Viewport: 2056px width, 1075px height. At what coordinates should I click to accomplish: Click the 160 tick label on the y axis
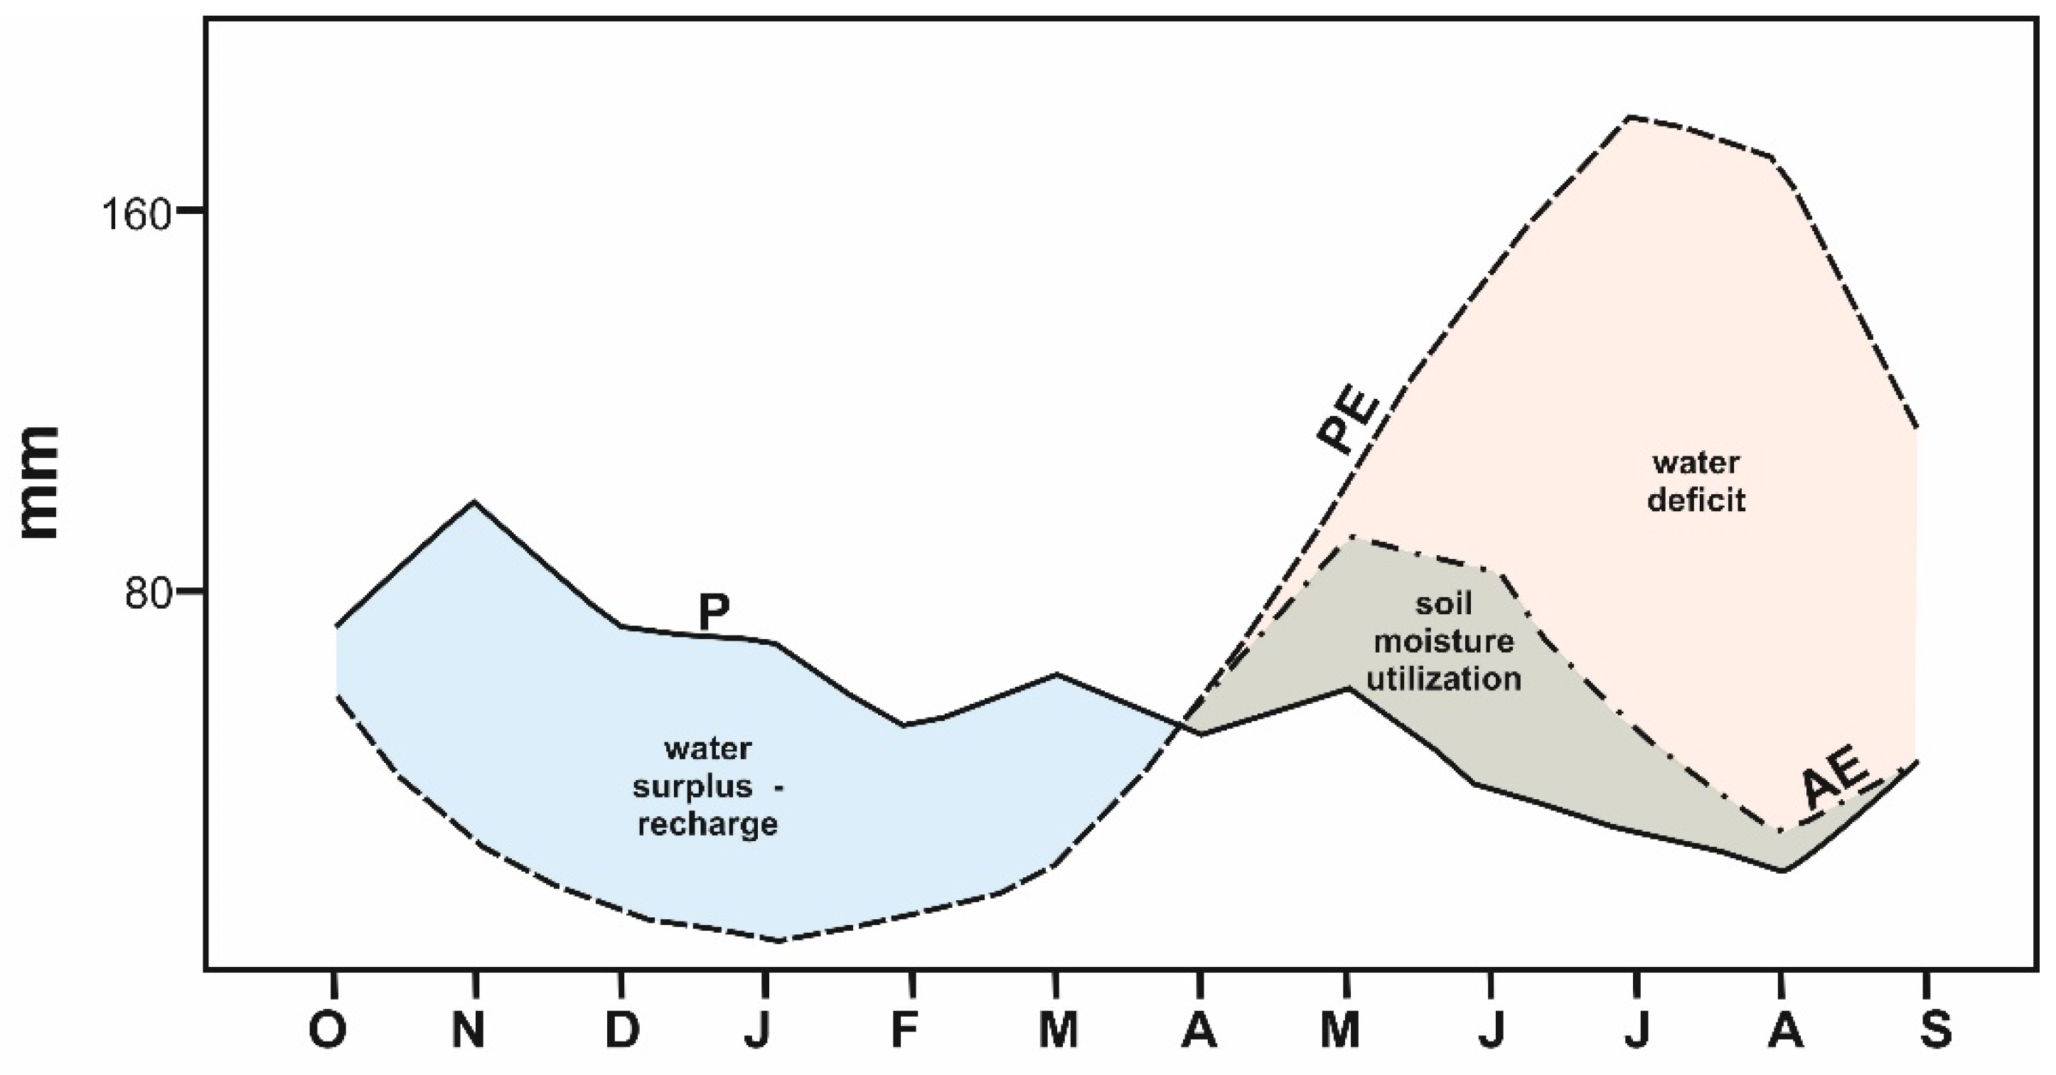[136, 214]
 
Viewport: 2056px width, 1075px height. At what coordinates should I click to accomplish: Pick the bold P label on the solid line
[714, 613]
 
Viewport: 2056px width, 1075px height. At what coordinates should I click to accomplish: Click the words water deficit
[1696, 481]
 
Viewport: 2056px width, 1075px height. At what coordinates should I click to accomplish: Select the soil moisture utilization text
[1444, 641]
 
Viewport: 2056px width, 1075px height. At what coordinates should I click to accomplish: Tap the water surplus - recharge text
[707, 786]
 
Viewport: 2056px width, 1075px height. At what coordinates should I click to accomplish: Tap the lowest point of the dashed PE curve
[779, 941]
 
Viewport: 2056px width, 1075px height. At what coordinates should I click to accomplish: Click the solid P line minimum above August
[1782, 871]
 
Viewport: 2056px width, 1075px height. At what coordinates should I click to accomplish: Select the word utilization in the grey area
[1444, 679]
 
